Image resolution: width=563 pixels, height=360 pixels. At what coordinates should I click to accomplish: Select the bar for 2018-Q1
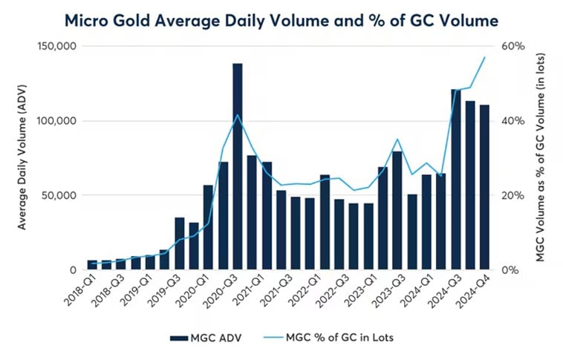click(92, 265)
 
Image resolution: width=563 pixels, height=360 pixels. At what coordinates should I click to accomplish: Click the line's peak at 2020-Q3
click(237, 115)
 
